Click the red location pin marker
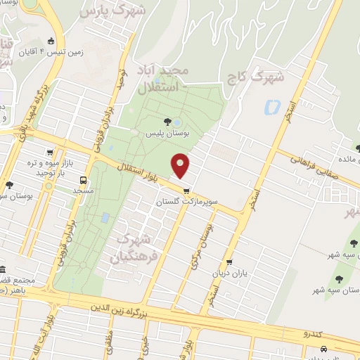pos(181,165)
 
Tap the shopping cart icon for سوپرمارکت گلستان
pos(186,191)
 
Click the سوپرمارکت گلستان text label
pos(186,201)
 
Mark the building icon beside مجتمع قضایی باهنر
pos(3,270)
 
